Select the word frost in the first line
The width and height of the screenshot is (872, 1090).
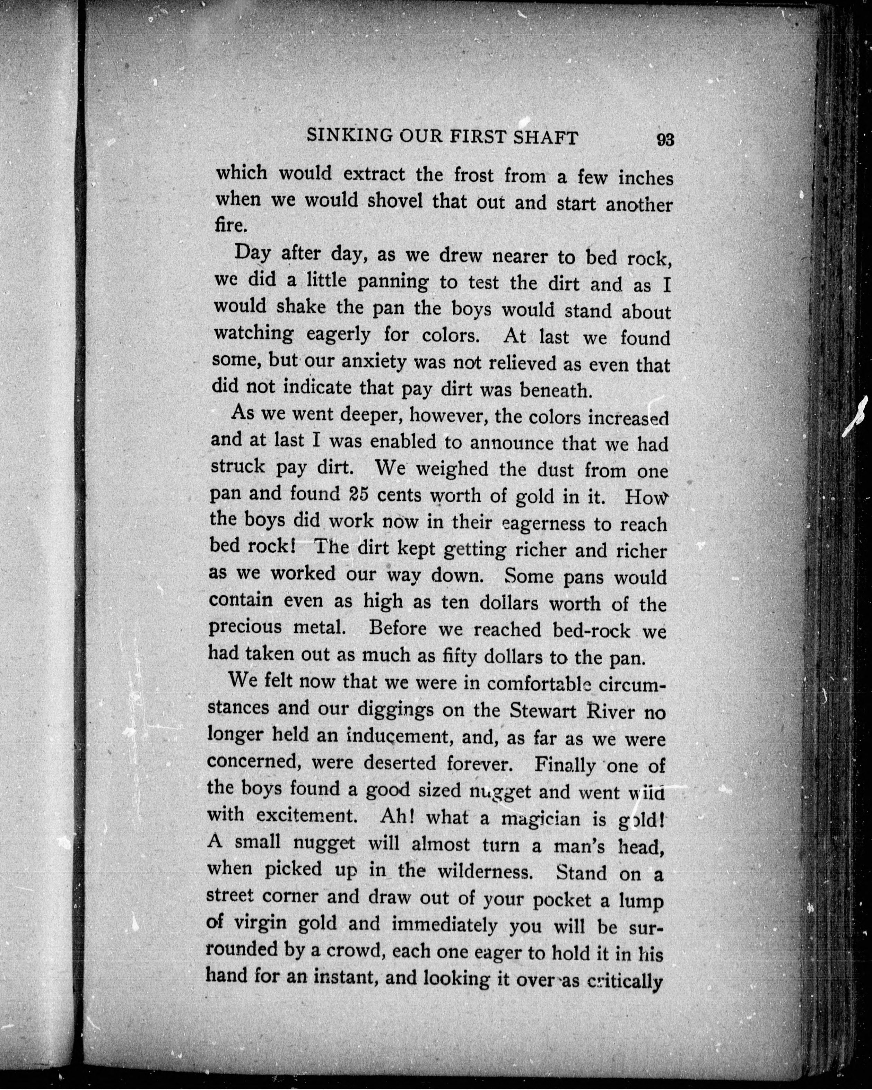(x=474, y=175)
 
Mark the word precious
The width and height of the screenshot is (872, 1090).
(x=245, y=628)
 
